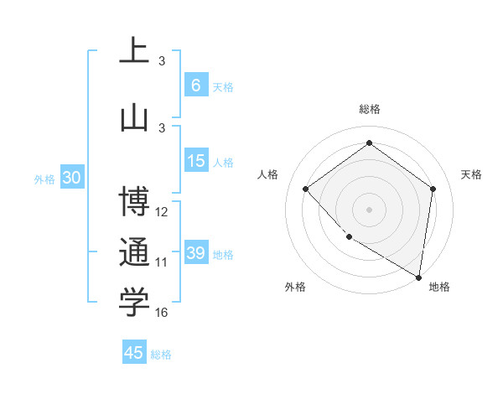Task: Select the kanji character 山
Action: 134,118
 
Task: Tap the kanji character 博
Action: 134,203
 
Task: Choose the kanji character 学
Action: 134,303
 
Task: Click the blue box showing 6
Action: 195,86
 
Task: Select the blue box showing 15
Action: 195,161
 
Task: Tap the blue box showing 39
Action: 195,253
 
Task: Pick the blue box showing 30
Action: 71,178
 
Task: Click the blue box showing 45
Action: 134,353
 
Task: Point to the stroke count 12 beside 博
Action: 162,212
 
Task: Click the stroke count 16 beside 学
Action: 162,313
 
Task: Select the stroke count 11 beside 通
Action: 162,262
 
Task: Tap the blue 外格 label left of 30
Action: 44,179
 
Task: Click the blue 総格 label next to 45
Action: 161,355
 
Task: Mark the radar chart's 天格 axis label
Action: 471,174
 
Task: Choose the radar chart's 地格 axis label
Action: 439,287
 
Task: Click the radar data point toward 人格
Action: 306,189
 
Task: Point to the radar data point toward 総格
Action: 369,143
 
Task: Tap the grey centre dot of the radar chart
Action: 369,209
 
